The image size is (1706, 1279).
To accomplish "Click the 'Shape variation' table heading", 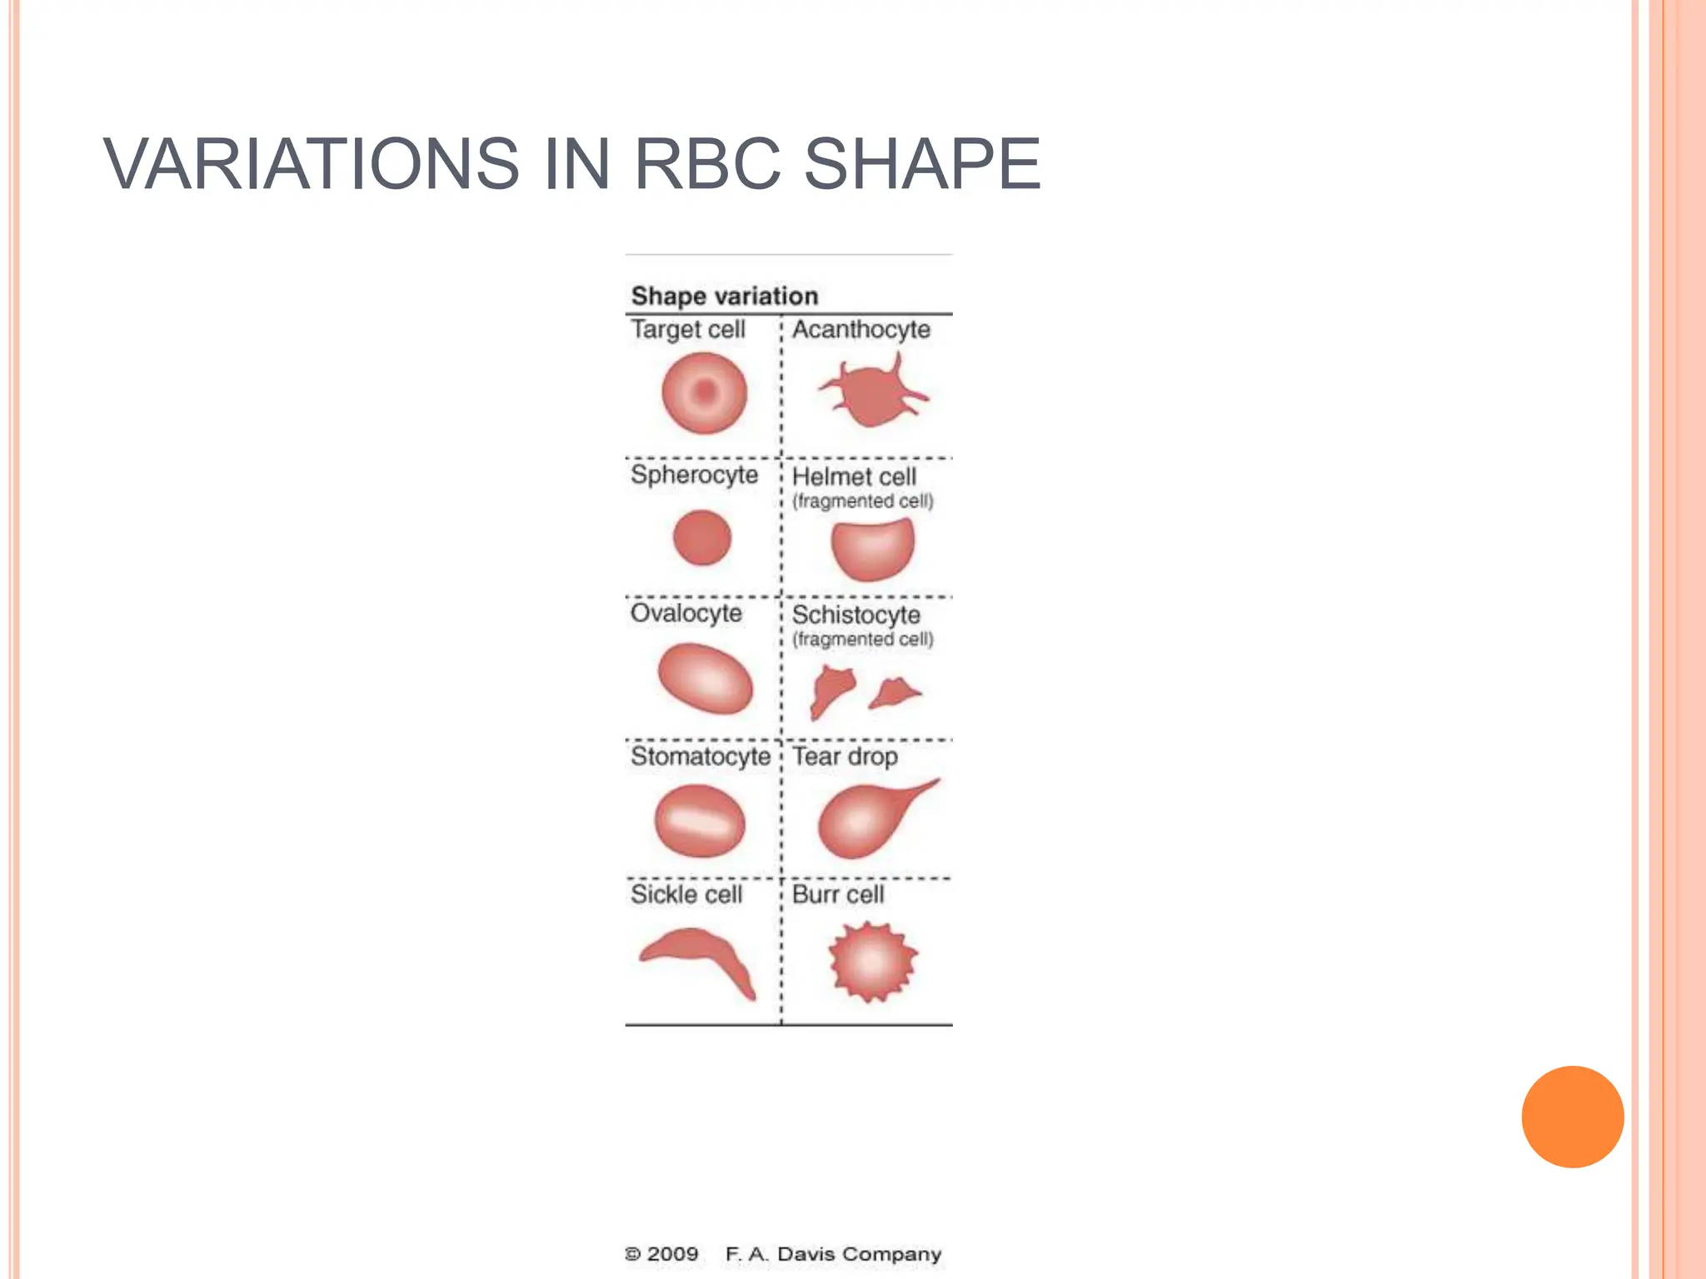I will coord(724,296).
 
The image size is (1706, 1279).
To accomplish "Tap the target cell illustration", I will coord(704,392).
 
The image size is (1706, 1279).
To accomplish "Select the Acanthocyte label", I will coord(860,330).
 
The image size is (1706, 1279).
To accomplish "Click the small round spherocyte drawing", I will coord(701,538).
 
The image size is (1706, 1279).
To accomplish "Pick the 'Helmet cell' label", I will coord(854,477).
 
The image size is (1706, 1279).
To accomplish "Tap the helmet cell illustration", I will coord(872,549).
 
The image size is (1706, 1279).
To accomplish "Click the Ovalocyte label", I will coord(686,614).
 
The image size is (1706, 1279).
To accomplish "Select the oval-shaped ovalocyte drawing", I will coord(705,679).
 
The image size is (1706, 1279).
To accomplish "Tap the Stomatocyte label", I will coord(700,756).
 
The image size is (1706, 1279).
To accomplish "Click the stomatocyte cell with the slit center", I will coord(700,821).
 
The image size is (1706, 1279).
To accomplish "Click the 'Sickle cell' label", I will coord(686,894).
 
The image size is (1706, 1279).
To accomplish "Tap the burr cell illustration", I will coord(871,962).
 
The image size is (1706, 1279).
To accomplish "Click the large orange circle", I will coord(1572,1117).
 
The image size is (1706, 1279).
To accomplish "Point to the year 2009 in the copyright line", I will coord(671,1254).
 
